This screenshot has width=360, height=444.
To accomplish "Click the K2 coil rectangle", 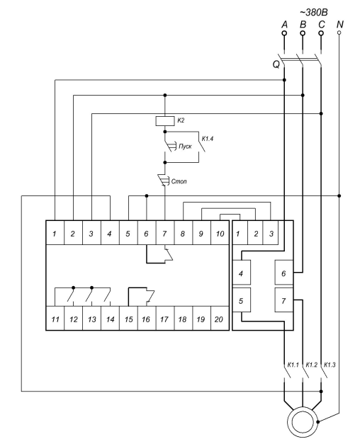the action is pyautogui.click(x=164, y=121).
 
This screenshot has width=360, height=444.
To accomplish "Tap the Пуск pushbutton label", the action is pyautogui.click(x=185, y=147).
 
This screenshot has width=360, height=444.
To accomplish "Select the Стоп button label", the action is pyautogui.click(x=179, y=181).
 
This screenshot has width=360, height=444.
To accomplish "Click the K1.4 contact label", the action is pyautogui.click(x=207, y=139).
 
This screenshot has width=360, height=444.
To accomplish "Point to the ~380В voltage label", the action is pyautogui.click(x=313, y=13).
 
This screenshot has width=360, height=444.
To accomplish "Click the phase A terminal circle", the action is pyautogui.click(x=284, y=33).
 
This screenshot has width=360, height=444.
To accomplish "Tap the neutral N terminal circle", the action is pyautogui.click(x=339, y=33).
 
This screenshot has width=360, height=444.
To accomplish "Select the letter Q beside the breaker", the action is pyautogui.click(x=276, y=64).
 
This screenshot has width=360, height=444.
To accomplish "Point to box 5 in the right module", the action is pyautogui.click(x=241, y=300).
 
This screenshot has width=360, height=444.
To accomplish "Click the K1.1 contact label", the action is pyautogui.click(x=293, y=365).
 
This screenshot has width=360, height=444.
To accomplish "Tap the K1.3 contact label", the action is pyautogui.click(x=330, y=365).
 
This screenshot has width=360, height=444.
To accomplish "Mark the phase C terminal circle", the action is pyautogui.click(x=321, y=33).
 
